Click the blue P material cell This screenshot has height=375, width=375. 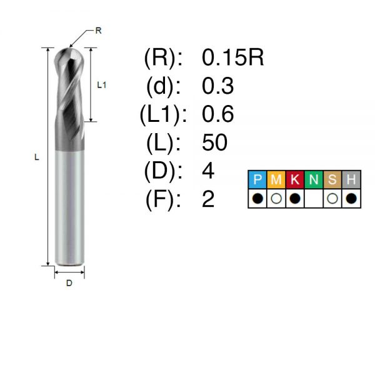pos(257,179)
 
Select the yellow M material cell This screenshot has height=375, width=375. pos(276,179)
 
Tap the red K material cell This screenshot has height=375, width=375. pos(294,179)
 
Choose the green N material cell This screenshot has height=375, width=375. pos(314,179)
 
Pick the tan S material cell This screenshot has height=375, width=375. pos(332,179)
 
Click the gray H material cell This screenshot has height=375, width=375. pos(351,179)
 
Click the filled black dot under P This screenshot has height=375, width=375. pos(257,199)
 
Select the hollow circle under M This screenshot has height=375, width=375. pos(276,199)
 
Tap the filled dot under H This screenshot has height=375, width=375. pos(351,199)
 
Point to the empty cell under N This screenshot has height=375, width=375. pos(314,199)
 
